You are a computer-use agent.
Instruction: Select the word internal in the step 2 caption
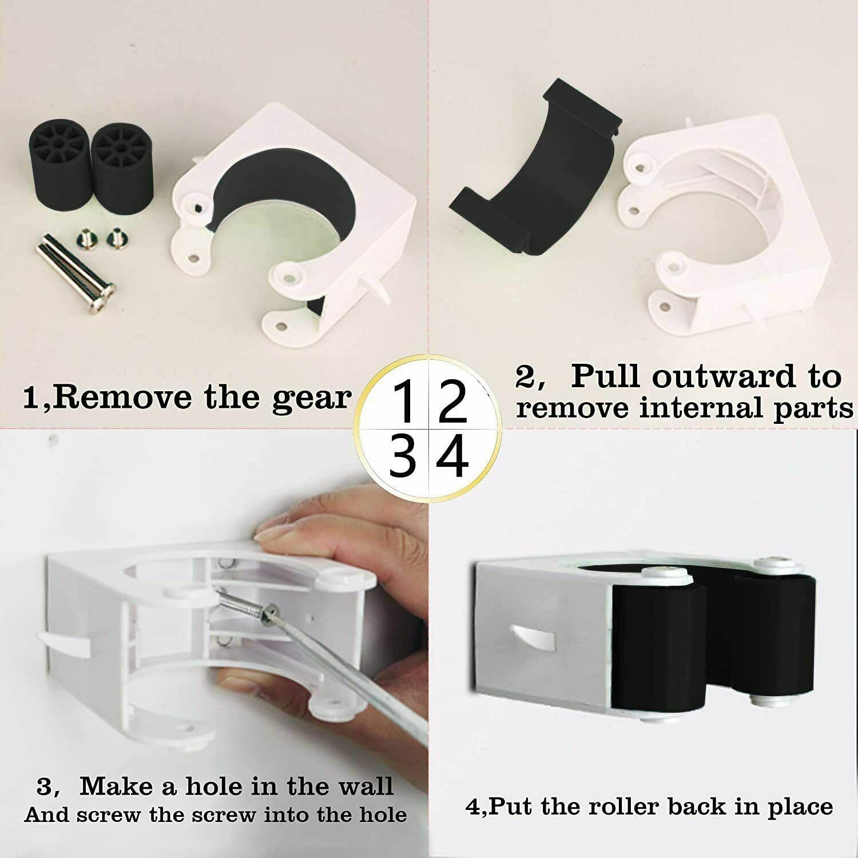(x=701, y=408)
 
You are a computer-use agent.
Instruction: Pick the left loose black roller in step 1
(x=60, y=166)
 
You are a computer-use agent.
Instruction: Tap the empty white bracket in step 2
(x=732, y=229)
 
